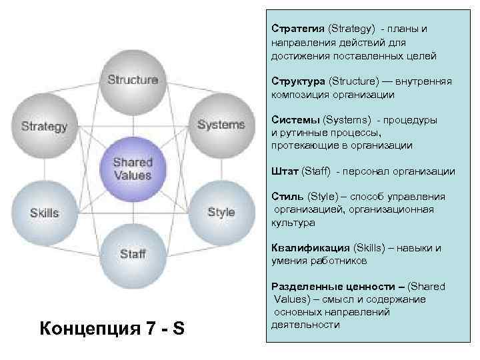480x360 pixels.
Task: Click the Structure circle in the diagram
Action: pyautogui.click(x=133, y=81)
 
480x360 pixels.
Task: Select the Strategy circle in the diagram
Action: pyautogui.click(x=44, y=126)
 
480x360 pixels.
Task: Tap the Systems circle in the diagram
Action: pyautogui.click(x=221, y=125)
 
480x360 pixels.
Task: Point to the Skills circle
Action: pyautogui.click(x=44, y=213)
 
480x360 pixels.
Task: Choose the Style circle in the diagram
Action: pyautogui.click(x=221, y=212)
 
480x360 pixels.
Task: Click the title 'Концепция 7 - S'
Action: pyautogui.click(x=113, y=329)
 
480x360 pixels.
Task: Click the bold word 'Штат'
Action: pyautogui.click(x=285, y=171)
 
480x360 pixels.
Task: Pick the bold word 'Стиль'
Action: pyautogui.click(x=287, y=197)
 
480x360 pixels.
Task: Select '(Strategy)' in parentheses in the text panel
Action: pyautogui.click(x=351, y=30)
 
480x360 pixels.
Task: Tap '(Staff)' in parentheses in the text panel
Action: pyautogui.click(x=316, y=171)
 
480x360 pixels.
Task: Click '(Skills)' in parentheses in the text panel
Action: pyautogui.click(x=369, y=248)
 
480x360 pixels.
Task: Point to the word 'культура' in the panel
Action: pyautogui.click(x=293, y=222)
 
